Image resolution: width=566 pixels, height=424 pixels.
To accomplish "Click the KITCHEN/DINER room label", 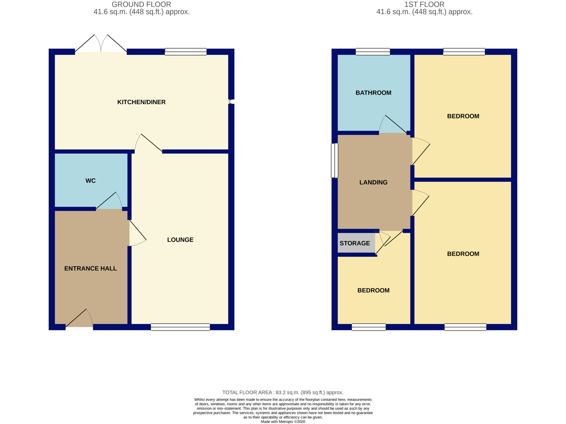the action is click(x=141, y=102).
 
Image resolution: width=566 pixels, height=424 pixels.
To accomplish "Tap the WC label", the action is click(x=91, y=181).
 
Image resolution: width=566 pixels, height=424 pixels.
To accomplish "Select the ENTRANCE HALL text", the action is click(x=91, y=268).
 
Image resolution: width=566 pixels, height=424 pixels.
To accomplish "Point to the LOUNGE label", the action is click(x=180, y=240).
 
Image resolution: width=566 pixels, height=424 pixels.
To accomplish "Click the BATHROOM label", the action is click(x=373, y=93).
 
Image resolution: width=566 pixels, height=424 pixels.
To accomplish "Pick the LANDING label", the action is click(x=373, y=182).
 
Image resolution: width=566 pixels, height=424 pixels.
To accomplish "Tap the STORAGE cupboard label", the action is click(x=355, y=243).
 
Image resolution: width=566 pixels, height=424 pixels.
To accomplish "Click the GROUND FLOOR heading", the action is click(x=141, y=4).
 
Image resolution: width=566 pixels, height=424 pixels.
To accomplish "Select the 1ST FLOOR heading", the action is click(x=424, y=4).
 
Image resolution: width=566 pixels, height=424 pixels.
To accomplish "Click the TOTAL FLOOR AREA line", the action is click(x=283, y=392).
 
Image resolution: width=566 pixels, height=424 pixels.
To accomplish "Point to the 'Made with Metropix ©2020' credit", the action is click(x=283, y=422).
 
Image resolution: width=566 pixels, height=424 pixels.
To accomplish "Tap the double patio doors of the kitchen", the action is click(x=101, y=43).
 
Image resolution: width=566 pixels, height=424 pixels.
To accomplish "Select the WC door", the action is click(x=109, y=200).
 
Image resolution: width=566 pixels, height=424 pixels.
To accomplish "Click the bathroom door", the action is click(x=393, y=124).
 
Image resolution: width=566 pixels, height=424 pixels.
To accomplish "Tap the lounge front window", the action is click(x=180, y=327).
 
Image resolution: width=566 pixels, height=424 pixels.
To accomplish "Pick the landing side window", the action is click(x=335, y=161).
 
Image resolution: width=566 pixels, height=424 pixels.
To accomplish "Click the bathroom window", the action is click(x=373, y=52).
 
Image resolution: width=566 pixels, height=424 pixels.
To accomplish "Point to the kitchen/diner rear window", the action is click(x=186, y=52).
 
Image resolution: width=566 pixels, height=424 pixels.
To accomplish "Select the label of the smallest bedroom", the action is click(x=373, y=290).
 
